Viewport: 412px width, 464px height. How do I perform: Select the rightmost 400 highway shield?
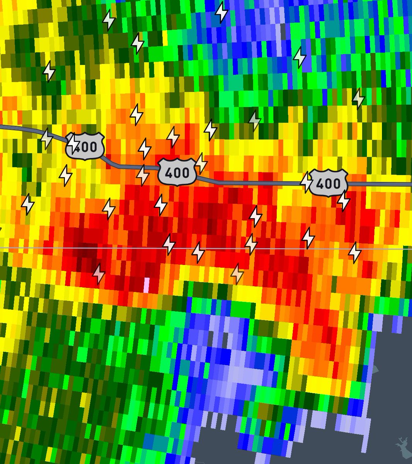[x=329, y=183]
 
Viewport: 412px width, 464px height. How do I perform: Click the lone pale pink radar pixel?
[x=146, y=285]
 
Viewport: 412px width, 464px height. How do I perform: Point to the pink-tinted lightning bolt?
[x=99, y=273]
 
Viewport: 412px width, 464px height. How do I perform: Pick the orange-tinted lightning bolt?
[x=237, y=274]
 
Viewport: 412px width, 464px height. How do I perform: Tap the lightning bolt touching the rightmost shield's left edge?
[x=307, y=182]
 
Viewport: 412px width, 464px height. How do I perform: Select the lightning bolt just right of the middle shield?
[x=201, y=163]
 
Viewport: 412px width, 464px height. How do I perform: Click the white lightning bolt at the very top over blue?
[x=221, y=12]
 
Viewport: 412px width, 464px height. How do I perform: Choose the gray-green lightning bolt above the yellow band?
[x=254, y=121]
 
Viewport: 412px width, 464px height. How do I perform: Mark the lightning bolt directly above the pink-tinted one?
[x=109, y=208]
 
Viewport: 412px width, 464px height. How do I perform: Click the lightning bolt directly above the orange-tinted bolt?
[x=251, y=244]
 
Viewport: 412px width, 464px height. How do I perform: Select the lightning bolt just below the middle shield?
[x=161, y=205]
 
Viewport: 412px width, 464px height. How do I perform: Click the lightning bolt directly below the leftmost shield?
[x=66, y=176]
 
